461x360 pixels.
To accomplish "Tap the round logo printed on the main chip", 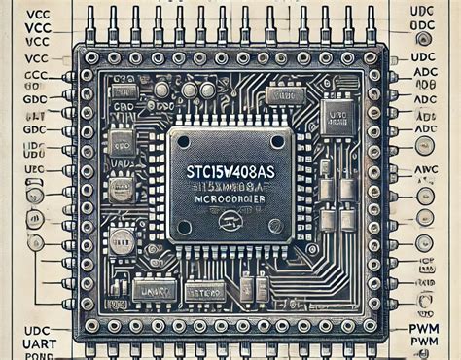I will tap(231, 220).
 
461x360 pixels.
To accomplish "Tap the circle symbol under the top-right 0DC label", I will tap(426, 40).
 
